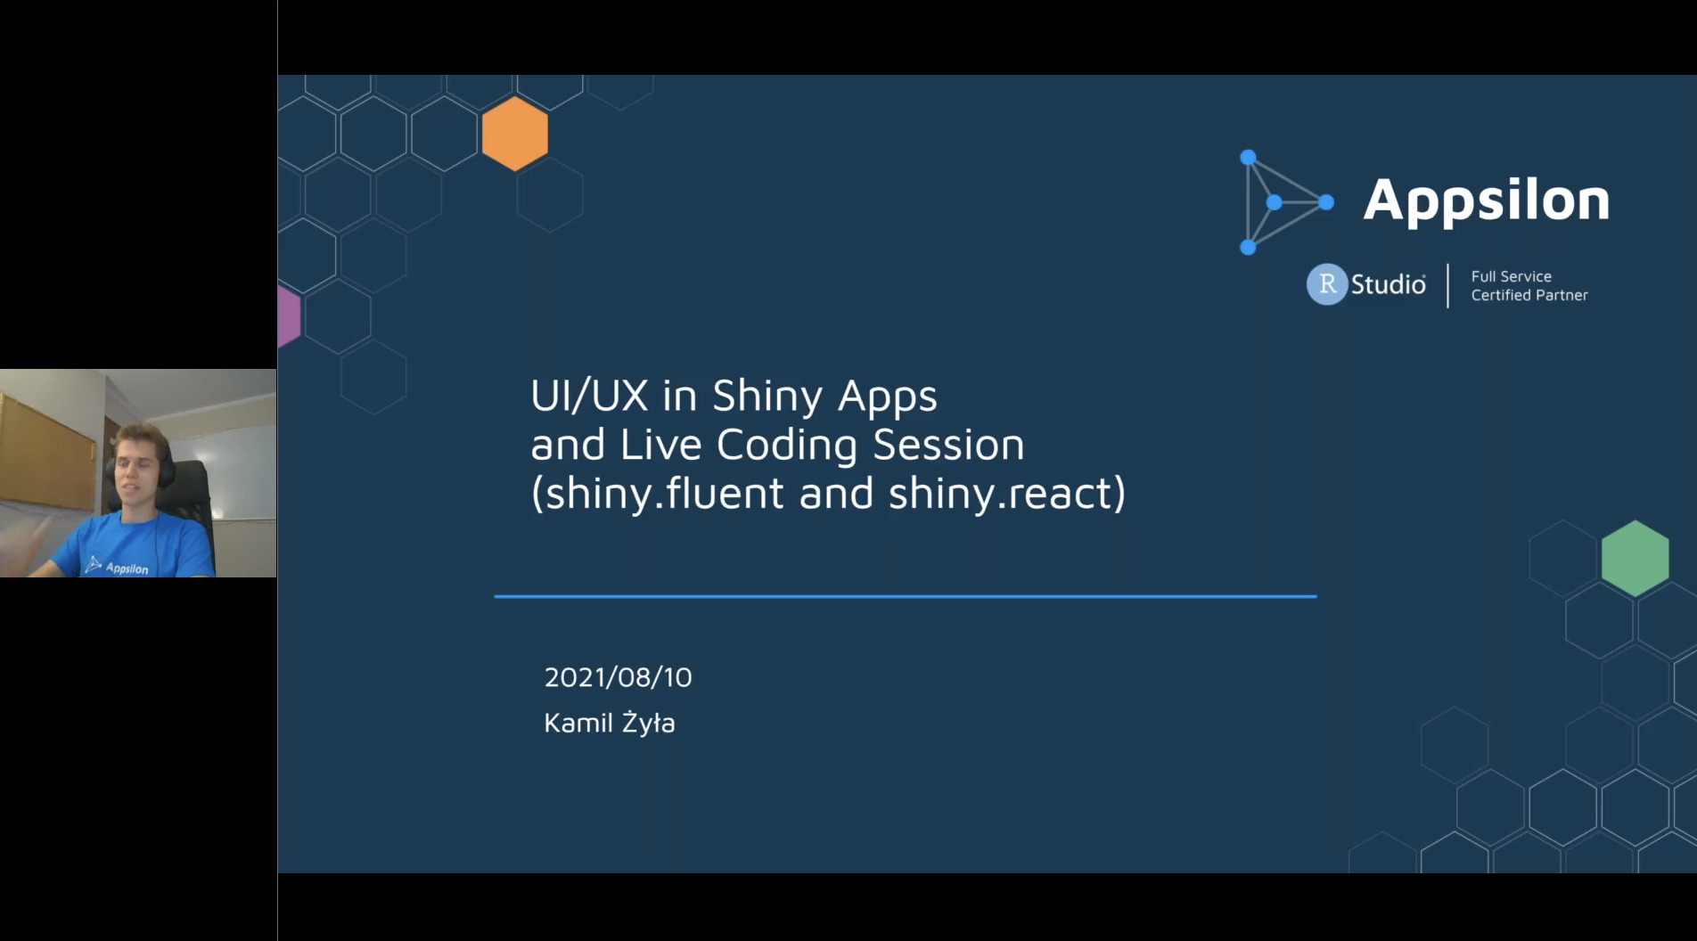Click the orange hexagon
pos(515,134)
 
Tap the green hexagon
pos(1635,559)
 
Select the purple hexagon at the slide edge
pos(289,316)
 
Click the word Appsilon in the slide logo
pos(1487,200)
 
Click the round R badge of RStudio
pos(1327,284)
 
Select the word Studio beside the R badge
pos(1389,284)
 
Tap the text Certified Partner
pos(1529,295)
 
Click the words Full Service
pos(1512,276)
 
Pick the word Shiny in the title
pos(767,397)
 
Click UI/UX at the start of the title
pos(589,396)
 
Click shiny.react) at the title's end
pos(1007,493)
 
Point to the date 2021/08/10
pos(618,677)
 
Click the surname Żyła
pos(648,721)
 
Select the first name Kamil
pos(578,722)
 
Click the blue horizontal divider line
pos(906,596)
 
